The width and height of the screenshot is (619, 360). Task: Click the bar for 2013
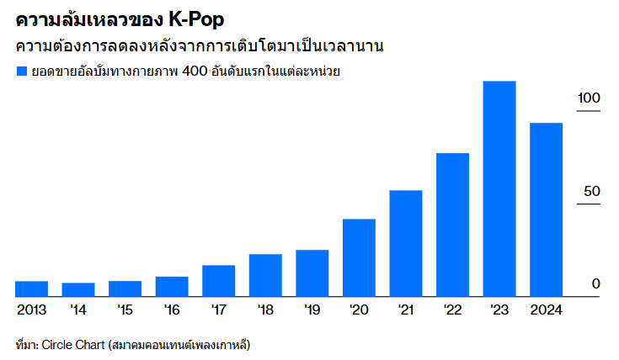point(31,289)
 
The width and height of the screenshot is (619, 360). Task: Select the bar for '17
point(218,281)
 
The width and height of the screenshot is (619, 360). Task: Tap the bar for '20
point(359,257)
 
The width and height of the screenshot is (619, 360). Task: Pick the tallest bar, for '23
point(499,188)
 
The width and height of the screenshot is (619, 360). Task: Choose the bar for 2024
point(546,209)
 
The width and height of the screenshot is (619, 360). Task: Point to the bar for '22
point(452,225)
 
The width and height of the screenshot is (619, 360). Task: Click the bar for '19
point(312,273)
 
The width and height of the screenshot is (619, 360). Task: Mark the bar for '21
point(405,243)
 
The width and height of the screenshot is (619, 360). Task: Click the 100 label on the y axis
point(589,98)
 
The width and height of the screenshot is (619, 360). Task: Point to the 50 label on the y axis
point(592,192)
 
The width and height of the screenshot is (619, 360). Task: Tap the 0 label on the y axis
point(595,284)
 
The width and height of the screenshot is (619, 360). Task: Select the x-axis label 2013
point(31,310)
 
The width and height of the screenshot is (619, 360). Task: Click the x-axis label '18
point(265,310)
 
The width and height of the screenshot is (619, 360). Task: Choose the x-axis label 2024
point(546,310)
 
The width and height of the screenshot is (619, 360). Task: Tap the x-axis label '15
point(125,310)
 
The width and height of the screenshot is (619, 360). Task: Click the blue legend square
point(22,72)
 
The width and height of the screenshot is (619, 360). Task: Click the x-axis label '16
point(172,310)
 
